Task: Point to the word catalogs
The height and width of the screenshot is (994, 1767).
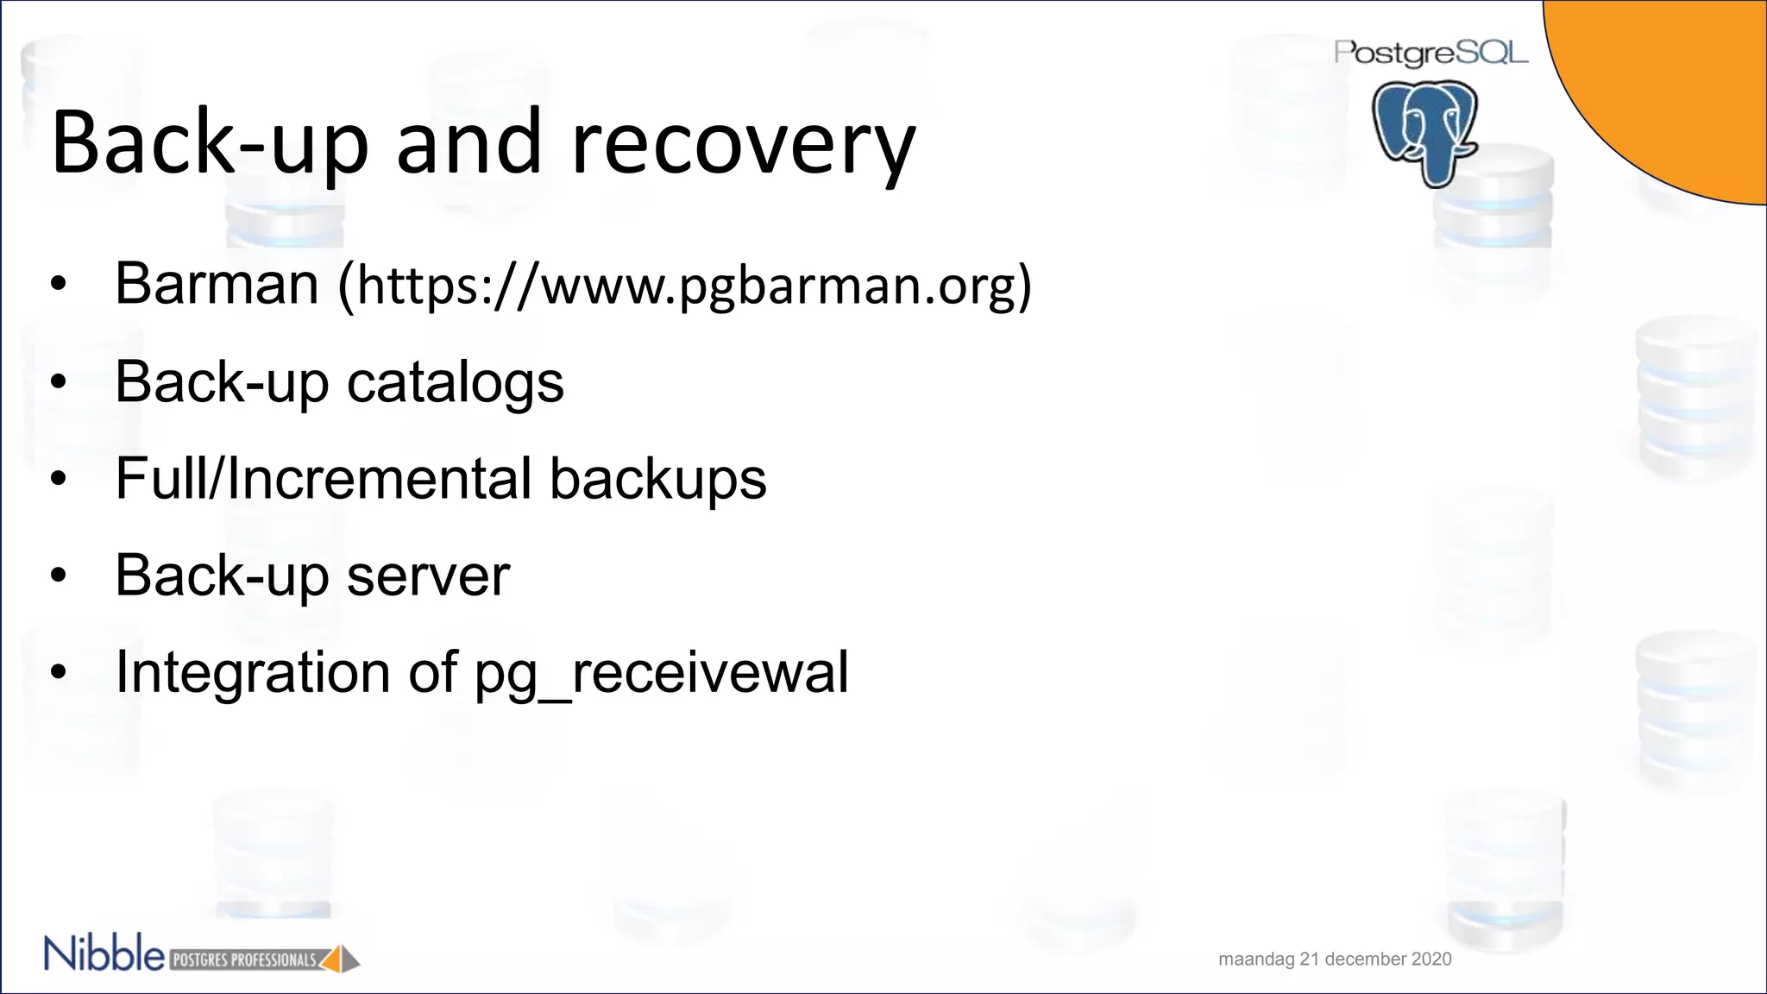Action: coord(455,382)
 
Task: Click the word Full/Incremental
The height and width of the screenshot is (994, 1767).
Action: coord(324,479)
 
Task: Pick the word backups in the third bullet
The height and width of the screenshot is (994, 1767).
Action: coord(657,480)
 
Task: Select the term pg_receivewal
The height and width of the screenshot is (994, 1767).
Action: coord(661,673)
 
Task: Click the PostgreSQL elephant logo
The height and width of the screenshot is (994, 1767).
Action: coord(1425,132)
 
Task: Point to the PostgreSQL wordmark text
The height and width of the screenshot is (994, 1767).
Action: coord(1431,53)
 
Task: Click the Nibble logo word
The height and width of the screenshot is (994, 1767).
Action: coord(104,954)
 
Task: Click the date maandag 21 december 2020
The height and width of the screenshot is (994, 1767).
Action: coord(1335,959)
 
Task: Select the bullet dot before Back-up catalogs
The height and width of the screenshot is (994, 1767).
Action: coord(58,381)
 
